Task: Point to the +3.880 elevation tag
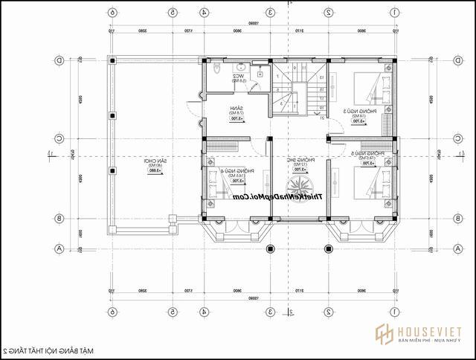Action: click(x=155, y=171)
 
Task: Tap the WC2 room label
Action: click(x=238, y=76)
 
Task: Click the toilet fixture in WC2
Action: click(x=215, y=68)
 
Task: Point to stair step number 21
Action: click(x=321, y=117)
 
